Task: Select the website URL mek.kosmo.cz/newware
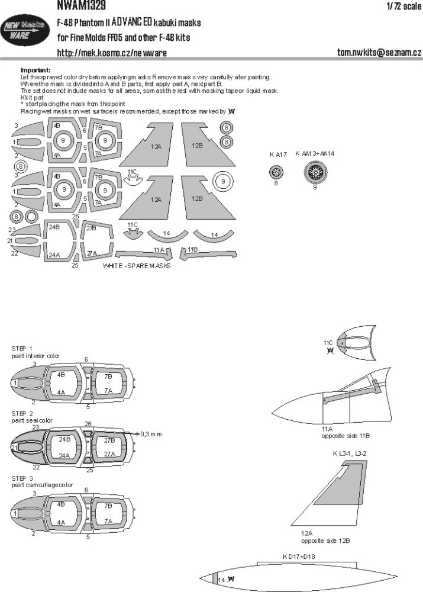111,53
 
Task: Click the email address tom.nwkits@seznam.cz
376,53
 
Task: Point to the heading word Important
35,70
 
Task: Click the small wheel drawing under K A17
276,172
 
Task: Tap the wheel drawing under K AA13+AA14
315,172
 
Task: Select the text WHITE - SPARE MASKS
137,267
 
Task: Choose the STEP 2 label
22,413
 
